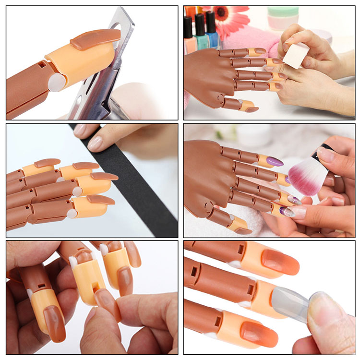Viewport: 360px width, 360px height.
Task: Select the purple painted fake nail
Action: (x=274, y=162)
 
